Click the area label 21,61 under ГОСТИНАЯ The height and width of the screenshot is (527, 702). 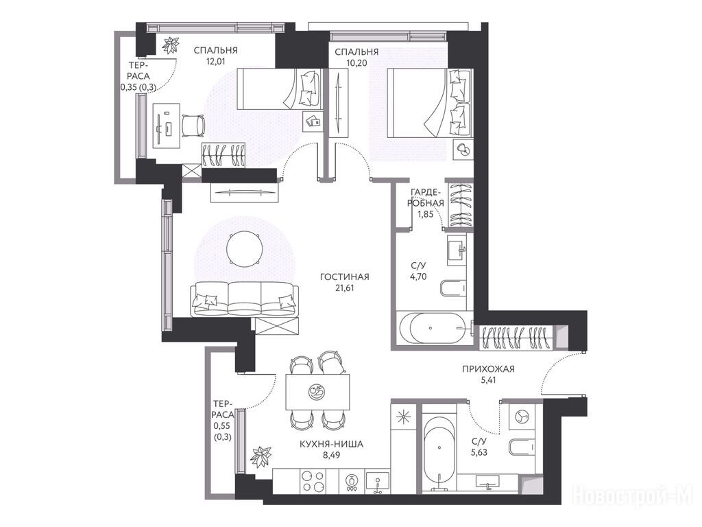pos(344,288)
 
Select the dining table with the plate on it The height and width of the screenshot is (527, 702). pos(318,392)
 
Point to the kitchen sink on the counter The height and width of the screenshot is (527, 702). pos(378,481)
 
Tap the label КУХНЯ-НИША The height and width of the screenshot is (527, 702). pos(331,444)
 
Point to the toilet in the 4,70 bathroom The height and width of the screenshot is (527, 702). pos(454,288)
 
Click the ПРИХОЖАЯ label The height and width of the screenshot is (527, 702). pos(488,369)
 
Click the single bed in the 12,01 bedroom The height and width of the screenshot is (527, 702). pos(280,89)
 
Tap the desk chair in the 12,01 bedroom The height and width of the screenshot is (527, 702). pos(193,126)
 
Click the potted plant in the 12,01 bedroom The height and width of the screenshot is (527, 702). pos(171,45)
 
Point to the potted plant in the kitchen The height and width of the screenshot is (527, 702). pos(261,456)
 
